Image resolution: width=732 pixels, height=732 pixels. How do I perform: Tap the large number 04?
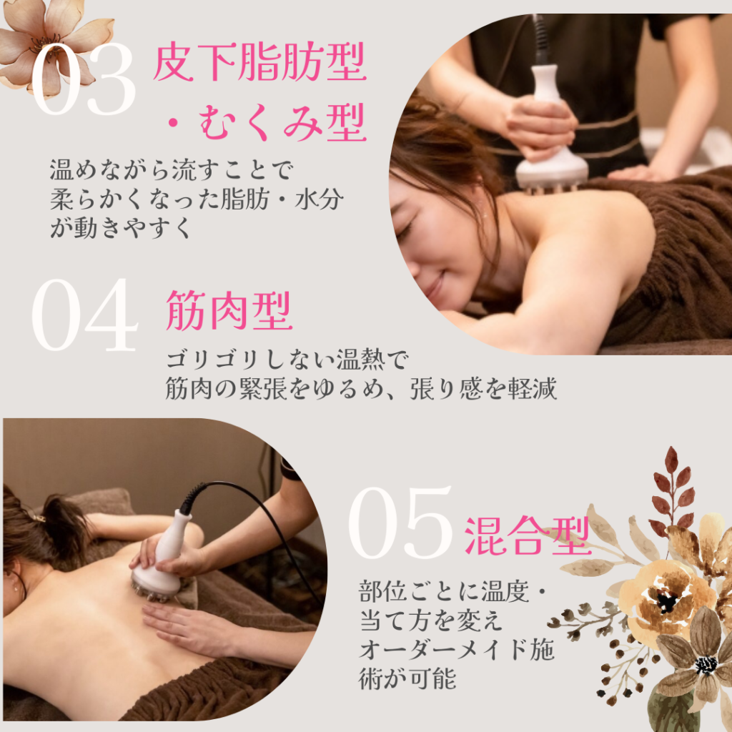[85, 315]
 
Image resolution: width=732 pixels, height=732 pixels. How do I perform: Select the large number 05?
[400, 523]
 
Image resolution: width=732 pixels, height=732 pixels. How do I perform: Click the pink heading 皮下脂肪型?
[259, 62]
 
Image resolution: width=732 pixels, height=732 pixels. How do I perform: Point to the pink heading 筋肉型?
[229, 310]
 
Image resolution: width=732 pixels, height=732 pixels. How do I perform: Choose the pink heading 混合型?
[528, 536]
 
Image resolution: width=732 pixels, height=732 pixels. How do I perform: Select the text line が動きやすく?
[120, 228]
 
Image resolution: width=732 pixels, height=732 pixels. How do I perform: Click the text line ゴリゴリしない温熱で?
[287, 360]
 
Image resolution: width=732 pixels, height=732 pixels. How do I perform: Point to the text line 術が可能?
[407, 679]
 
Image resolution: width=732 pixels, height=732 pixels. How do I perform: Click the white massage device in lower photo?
[161, 560]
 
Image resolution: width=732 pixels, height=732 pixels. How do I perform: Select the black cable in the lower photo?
[262, 518]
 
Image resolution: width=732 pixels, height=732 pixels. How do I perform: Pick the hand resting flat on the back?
[187, 625]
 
